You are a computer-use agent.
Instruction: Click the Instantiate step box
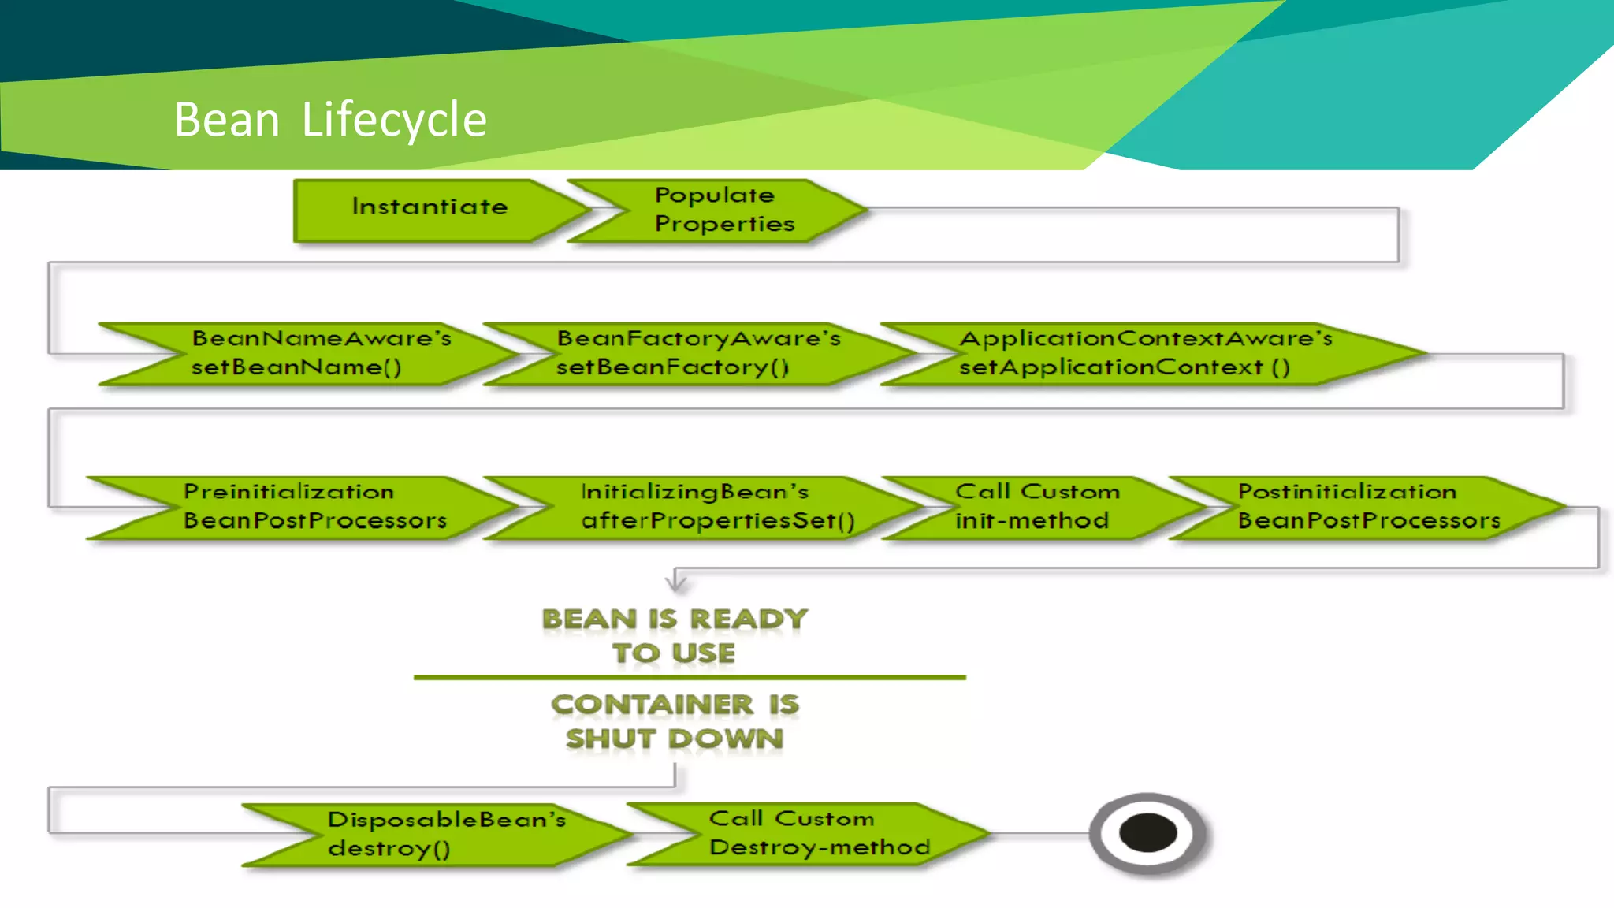[x=430, y=209]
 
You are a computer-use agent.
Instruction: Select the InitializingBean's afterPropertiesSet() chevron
[x=709, y=507]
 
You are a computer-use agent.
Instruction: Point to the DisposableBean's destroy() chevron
[x=441, y=834]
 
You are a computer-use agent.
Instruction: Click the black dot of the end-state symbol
[x=1147, y=833]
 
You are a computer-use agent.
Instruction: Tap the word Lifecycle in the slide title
[x=394, y=120]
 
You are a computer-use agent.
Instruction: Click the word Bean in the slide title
[x=227, y=120]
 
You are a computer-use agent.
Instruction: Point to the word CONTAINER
[x=653, y=705]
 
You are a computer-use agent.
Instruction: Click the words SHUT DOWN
[x=675, y=739]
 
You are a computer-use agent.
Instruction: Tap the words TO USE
[x=675, y=653]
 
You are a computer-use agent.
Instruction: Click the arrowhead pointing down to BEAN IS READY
[x=675, y=584]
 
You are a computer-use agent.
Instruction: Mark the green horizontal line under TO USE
[x=690, y=677]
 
